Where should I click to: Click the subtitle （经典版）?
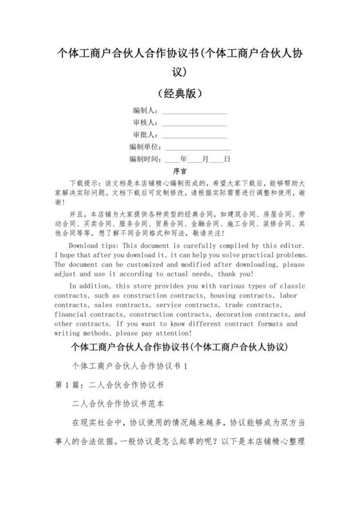pos(180,93)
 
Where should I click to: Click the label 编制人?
pos(145,111)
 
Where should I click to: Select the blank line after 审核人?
pos(194,123)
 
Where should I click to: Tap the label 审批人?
pos(145,135)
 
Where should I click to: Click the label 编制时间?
pos(145,159)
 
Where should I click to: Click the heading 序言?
pos(180,171)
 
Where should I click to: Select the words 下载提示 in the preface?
pos(82,183)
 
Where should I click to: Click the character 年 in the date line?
pos(184,159)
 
